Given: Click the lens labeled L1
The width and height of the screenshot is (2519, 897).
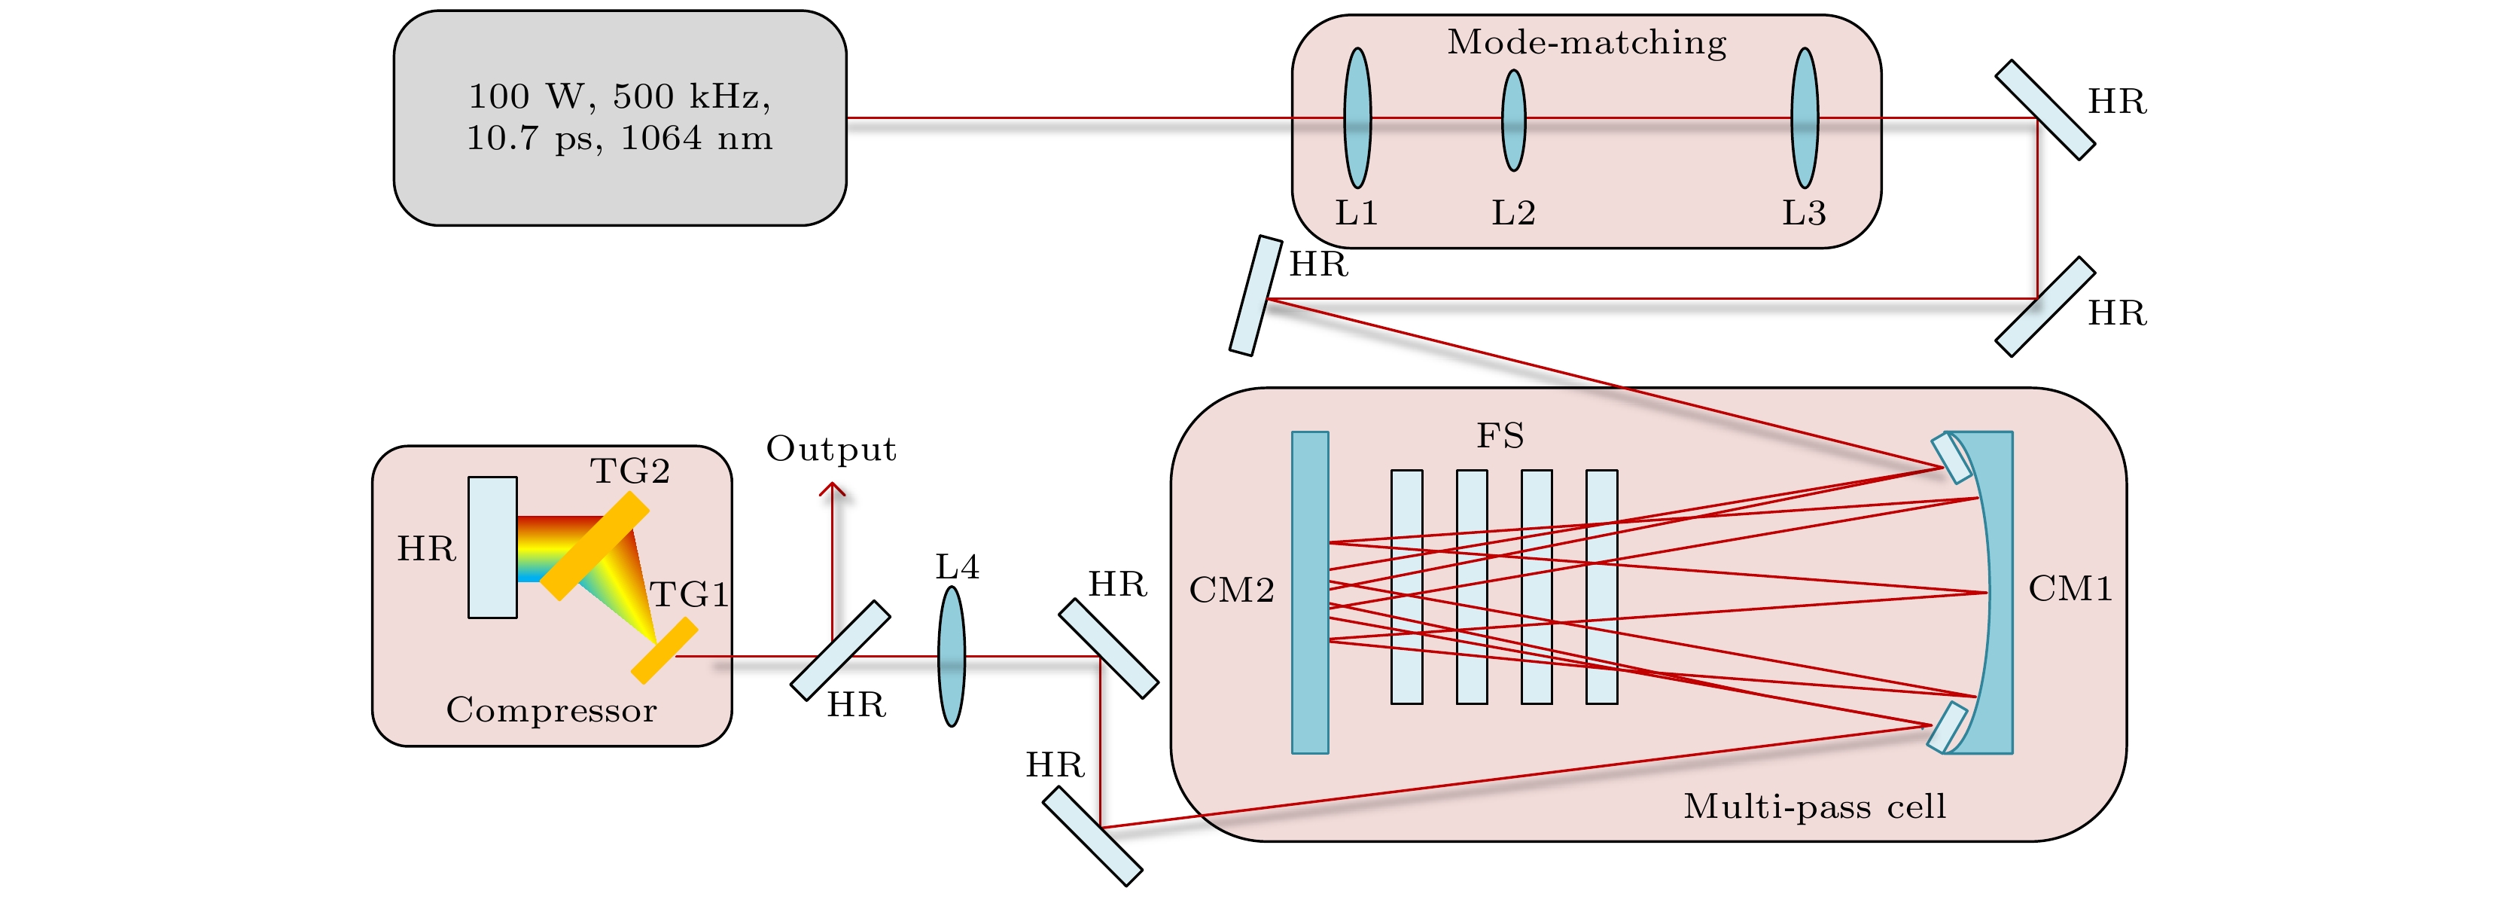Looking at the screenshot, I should [x=1357, y=118].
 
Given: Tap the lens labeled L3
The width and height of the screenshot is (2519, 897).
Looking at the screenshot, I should [x=1804, y=118].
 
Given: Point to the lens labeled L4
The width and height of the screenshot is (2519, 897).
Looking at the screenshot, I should [x=952, y=656].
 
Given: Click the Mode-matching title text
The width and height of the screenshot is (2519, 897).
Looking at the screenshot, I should [x=1586, y=42].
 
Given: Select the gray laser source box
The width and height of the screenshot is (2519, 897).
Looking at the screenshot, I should [x=620, y=118].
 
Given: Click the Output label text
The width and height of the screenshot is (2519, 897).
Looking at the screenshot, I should [x=830, y=449].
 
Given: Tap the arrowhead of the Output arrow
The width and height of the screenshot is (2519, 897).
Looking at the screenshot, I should [x=832, y=488].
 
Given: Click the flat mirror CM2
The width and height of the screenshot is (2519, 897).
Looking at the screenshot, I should [x=1309, y=592].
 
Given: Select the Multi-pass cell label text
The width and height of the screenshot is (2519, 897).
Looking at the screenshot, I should [x=1814, y=806].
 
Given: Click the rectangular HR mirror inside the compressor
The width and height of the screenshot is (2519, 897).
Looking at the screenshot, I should [x=492, y=548].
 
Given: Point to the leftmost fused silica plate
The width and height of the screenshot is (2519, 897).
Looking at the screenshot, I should [x=1406, y=587].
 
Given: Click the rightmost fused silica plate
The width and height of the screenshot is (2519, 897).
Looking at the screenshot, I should [x=1601, y=587].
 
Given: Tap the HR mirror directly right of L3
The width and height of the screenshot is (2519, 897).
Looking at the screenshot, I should [x=2044, y=109].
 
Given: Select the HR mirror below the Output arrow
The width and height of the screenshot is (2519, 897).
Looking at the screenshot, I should [x=840, y=651].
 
